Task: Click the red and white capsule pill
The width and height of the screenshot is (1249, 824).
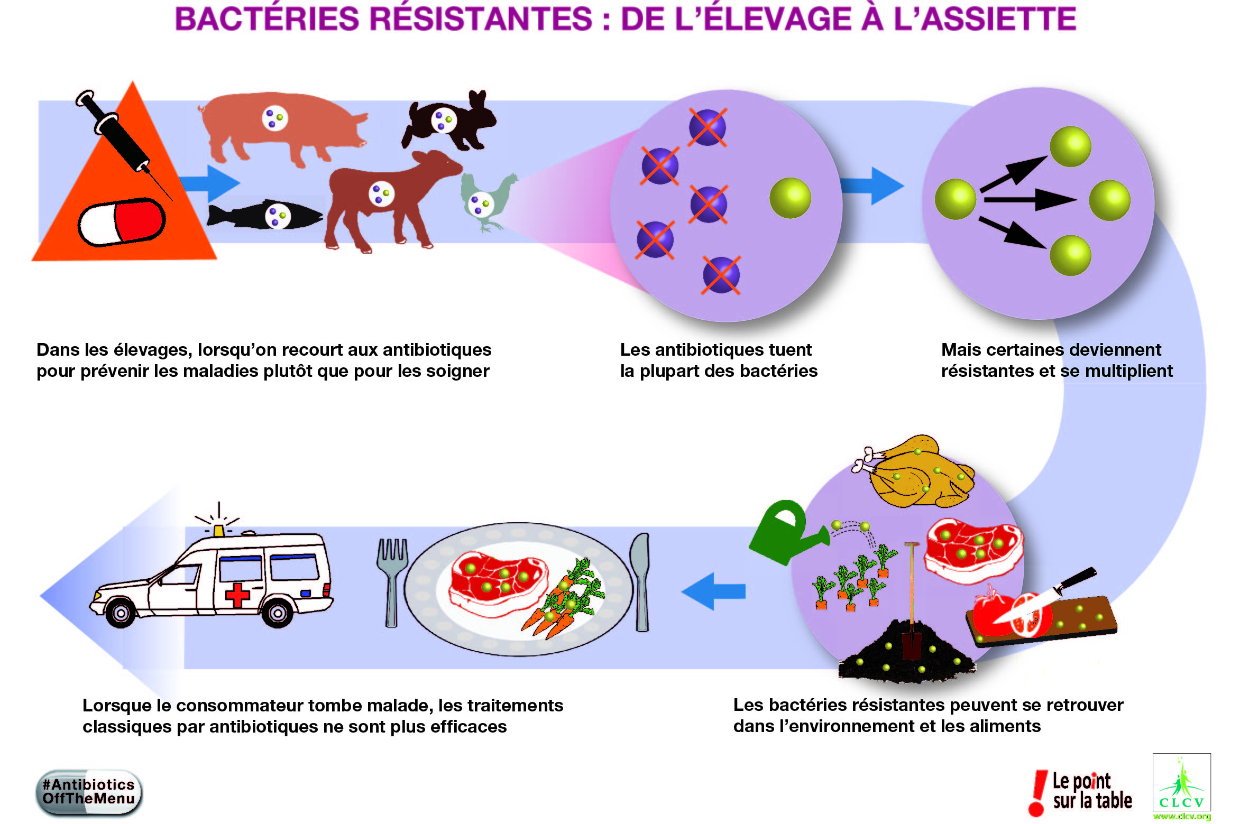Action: (122, 221)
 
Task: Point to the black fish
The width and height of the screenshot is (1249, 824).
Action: (264, 216)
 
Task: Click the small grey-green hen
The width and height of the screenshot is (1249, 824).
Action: (486, 201)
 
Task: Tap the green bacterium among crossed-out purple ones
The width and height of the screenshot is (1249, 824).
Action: (790, 198)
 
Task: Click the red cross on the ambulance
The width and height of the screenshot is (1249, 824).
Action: (237, 594)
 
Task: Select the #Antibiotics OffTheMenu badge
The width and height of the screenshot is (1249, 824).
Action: (89, 792)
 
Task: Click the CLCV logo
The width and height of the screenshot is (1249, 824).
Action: (1181, 785)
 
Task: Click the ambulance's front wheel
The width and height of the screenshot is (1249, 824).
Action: (121, 614)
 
